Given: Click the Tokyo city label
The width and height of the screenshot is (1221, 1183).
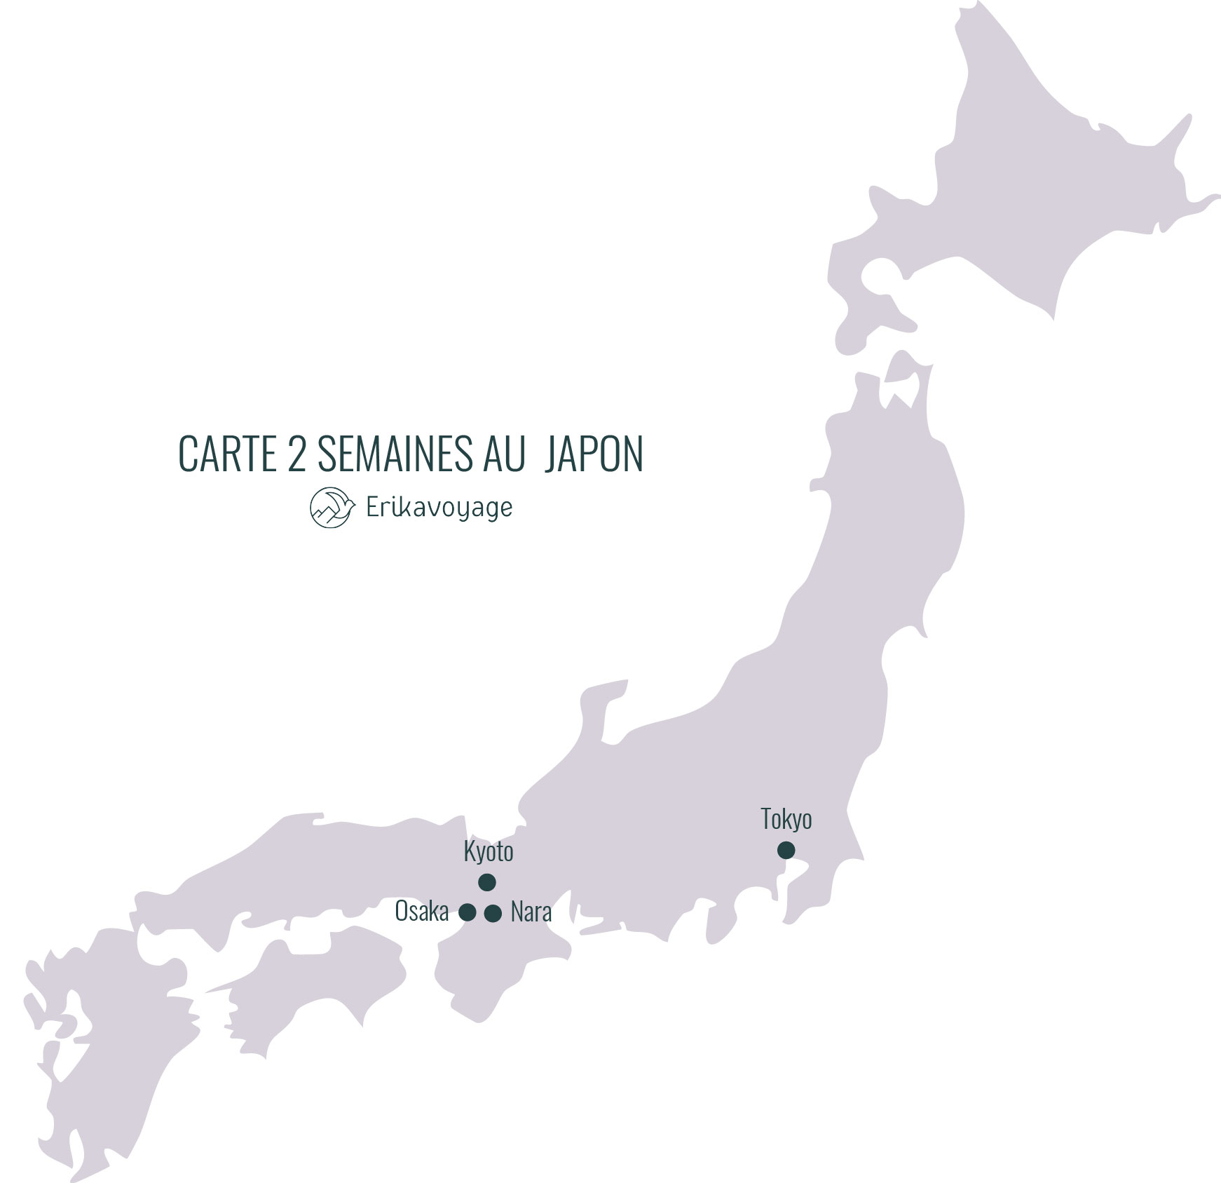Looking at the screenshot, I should click(x=786, y=820).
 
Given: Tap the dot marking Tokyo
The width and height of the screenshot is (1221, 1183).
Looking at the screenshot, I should click(x=786, y=850).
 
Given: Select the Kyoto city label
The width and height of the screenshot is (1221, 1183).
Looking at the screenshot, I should click(x=489, y=852).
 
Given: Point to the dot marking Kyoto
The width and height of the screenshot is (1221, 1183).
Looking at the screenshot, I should click(x=486, y=882).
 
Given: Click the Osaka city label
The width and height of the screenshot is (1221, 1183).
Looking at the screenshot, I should click(x=421, y=912).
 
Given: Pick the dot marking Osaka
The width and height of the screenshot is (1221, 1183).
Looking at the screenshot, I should click(x=467, y=912).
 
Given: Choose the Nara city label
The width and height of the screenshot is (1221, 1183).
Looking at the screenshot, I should click(x=531, y=912).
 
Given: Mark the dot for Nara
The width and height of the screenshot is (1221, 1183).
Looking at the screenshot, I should click(x=493, y=913).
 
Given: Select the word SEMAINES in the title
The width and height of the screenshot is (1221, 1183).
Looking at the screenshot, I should click(x=395, y=454).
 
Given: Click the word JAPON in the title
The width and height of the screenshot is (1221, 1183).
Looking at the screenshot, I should click(x=593, y=454).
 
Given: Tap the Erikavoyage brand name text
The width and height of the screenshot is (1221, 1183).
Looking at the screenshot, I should click(x=439, y=508).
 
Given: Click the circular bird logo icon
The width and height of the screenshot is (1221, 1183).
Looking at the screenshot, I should click(x=331, y=508).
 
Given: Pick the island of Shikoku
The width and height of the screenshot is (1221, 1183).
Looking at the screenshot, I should click(x=315, y=975).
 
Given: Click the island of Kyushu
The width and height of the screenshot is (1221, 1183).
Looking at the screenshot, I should click(x=105, y=1038).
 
